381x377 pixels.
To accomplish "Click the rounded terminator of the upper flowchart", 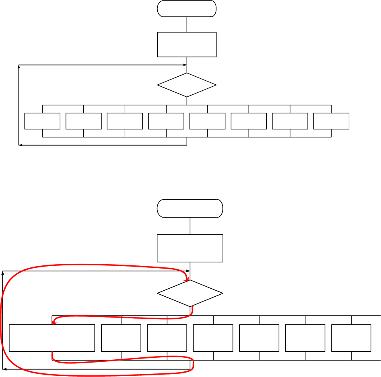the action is click(x=187, y=8).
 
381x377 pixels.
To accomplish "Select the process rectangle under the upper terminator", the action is click(x=187, y=44).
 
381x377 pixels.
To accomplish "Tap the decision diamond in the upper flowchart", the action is click(x=187, y=85).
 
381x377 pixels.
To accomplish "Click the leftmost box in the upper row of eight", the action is click(x=42, y=121).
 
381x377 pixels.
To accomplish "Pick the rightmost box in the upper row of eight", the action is click(x=331, y=121).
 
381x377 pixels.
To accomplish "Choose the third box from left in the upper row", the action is click(x=125, y=121).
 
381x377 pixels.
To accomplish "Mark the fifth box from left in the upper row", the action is click(x=207, y=121).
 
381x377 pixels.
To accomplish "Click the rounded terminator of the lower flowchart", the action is click(x=190, y=208).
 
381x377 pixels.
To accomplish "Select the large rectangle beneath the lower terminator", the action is click(x=190, y=248).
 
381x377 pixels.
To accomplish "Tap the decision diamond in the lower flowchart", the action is click(x=190, y=293).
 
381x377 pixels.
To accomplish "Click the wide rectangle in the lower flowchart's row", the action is click(x=52, y=338).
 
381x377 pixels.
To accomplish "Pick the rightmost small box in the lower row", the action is click(x=351, y=338).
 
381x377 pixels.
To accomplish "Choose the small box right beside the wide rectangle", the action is click(x=121, y=338).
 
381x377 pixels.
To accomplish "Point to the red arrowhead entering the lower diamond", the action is click(x=187, y=279).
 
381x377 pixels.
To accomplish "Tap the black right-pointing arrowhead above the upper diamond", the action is click(x=185, y=65).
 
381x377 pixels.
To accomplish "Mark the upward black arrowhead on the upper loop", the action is click(x=19, y=67).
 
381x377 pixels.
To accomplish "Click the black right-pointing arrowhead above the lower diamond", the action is click(x=188, y=271).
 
